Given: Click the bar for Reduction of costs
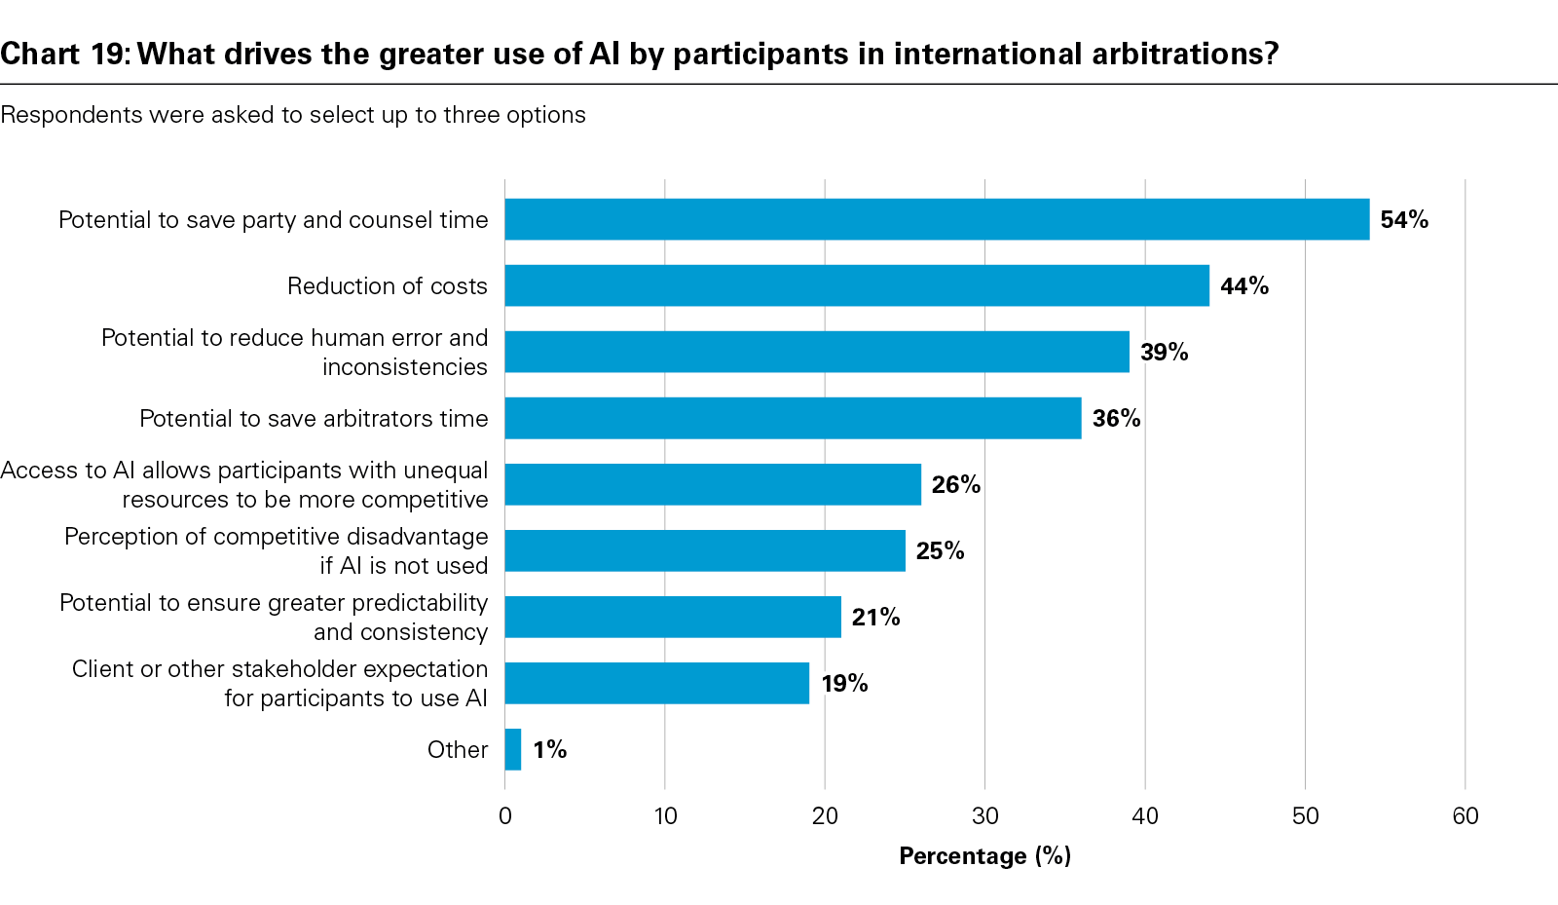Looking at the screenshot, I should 857,285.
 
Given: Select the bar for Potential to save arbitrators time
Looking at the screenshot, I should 793,418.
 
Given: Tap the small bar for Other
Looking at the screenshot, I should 513,749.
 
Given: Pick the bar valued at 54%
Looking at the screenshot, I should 937,219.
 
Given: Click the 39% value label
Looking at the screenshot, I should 1165,352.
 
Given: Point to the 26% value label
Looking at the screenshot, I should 956,484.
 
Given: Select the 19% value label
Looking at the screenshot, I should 844,683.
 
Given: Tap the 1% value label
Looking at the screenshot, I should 550,749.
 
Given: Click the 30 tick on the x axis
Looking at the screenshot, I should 985,815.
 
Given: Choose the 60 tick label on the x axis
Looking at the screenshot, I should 1465,815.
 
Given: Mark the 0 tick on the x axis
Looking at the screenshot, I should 505,815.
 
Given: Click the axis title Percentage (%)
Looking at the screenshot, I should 984,855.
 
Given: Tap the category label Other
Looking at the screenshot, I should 458,749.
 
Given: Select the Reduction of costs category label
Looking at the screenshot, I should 388,285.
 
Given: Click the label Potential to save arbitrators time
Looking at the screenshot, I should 314,418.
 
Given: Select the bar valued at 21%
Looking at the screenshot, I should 673,617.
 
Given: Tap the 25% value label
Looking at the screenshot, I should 941,550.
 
